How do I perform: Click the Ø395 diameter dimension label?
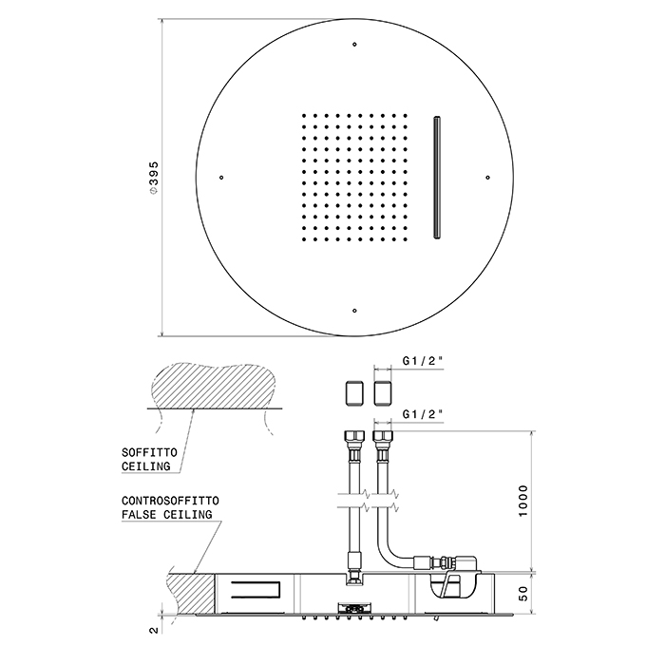pos(154,177)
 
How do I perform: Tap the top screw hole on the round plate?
pos(354,43)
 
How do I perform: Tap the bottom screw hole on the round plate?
pos(354,311)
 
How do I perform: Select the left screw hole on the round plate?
pos(220,177)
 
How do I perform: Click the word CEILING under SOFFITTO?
pos(145,466)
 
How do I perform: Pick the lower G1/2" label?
pos(425,414)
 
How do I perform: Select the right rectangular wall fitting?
pos(383,393)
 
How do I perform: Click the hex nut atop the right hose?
pos(383,441)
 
